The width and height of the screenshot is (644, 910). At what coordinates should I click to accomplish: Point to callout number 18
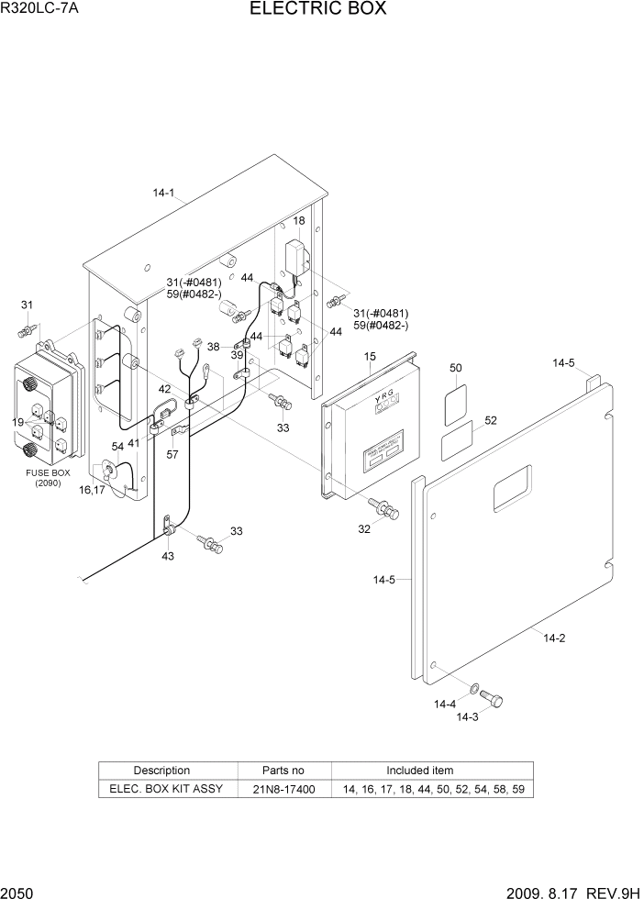(x=299, y=221)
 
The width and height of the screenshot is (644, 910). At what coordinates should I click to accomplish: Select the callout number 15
(x=370, y=356)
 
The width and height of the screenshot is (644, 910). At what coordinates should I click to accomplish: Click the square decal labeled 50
(x=456, y=406)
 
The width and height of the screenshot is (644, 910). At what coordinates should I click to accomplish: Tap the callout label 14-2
(x=554, y=638)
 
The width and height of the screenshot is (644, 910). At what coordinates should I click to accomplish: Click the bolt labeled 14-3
(x=491, y=701)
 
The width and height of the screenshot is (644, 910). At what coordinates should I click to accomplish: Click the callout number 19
(x=18, y=421)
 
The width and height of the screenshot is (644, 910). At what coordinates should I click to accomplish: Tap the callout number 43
(x=167, y=556)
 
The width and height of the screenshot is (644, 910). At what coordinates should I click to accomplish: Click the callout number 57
(x=173, y=454)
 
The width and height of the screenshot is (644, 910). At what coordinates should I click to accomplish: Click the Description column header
(x=161, y=771)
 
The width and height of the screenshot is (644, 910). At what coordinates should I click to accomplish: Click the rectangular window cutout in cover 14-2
(x=512, y=486)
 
